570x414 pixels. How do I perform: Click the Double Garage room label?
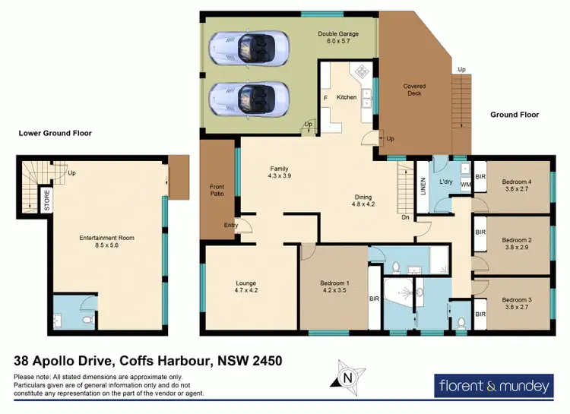[338, 37]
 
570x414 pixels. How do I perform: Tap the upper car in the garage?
[249, 49]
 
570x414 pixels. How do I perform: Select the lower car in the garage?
[249, 100]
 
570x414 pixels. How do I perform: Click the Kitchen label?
[347, 97]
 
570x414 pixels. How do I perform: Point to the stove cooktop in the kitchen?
[362, 71]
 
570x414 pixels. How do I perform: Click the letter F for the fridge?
[325, 98]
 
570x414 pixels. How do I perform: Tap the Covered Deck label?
[414, 90]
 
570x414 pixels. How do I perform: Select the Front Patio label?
[217, 190]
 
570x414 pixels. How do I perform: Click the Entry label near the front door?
[231, 226]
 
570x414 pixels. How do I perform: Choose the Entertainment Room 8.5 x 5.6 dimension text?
[107, 245]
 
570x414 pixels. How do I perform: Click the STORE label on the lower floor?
[47, 201]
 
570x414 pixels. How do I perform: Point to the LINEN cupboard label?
[423, 186]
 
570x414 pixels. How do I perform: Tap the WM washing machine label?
[465, 185]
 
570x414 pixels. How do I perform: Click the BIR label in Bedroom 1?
[374, 299]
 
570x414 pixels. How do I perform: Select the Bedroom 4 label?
[517, 182]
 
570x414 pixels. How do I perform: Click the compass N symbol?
[348, 378]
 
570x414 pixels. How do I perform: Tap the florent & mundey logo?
[494, 386]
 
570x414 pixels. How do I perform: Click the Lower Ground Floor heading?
[55, 133]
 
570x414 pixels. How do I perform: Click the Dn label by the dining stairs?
[405, 217]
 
